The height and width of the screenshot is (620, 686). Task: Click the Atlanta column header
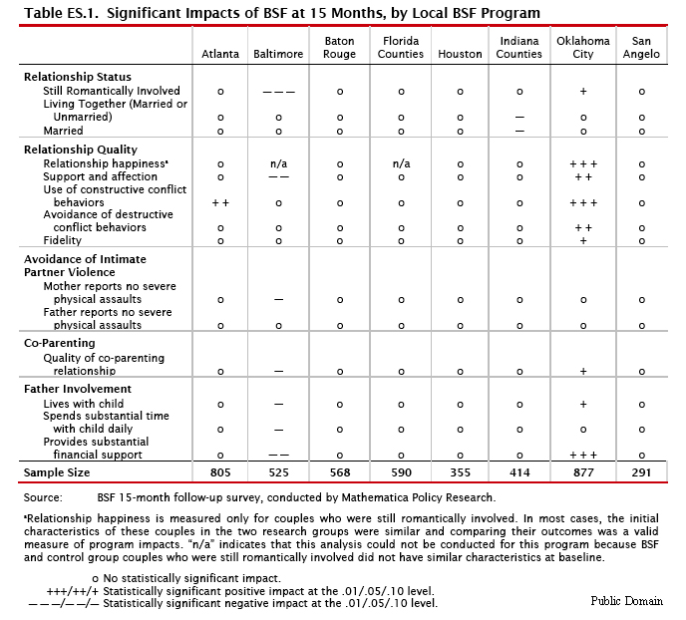coord(220,54)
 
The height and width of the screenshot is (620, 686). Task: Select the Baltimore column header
coord(278,54)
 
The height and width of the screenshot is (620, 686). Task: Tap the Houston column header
coord(460,54)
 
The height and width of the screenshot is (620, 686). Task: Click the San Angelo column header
coord(642,48)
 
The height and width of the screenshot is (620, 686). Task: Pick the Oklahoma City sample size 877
coord(583,472)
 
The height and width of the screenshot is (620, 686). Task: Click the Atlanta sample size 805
coord(220,472)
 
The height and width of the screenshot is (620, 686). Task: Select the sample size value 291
coord(642,472)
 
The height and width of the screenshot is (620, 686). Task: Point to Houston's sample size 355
coord(460,472)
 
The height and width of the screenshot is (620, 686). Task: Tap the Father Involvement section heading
coord(76,389)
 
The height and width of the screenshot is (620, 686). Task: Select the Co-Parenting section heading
coord(59,343)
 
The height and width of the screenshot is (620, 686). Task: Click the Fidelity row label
coord(63,240)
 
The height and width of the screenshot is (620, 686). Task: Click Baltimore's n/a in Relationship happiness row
coord(278,162)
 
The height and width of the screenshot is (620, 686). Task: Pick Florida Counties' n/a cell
coord(401,162)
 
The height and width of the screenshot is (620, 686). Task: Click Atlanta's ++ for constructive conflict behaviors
coord(220,202)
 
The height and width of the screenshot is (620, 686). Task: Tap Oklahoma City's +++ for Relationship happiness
coord(583,162)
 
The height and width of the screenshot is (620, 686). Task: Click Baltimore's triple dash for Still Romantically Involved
coord(278,91)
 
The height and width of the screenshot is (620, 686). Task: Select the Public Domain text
coord(627,601)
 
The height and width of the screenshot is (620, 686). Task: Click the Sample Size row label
coord(57,472)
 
